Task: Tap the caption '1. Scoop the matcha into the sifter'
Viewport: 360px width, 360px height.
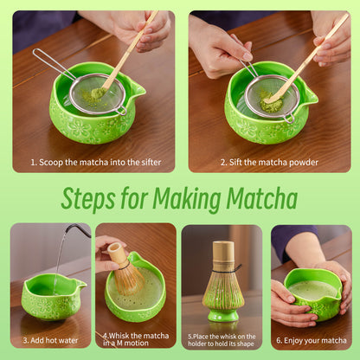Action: click(93, 162)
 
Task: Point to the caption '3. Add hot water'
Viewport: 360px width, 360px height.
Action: click(48, 341)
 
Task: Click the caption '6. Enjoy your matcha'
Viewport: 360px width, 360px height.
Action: click(311, 341)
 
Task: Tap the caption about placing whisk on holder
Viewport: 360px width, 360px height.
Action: click(222, 341)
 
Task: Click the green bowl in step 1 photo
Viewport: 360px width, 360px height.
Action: click(87, 121)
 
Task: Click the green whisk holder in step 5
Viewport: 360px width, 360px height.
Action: click(223, 305)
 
